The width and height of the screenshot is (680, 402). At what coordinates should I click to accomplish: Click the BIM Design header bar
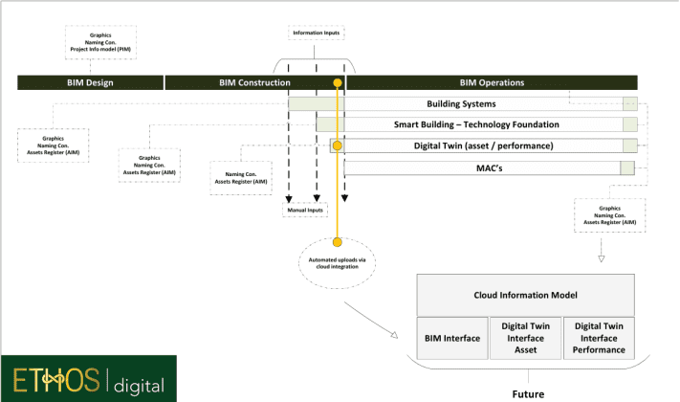point(90,82)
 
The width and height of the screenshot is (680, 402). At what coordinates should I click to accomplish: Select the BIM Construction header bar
point(252,82)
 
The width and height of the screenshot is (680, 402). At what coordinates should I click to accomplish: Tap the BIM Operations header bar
point(492,82)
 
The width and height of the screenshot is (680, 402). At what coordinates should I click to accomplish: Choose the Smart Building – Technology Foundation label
point(476,124)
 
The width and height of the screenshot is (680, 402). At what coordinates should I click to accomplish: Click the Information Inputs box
point(316,33)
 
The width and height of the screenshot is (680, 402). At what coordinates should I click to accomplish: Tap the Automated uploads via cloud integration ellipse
point(337,264)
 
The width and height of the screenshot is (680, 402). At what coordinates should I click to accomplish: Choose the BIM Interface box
point(451,338)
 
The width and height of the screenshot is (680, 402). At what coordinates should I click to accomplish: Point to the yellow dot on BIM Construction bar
point(337,83)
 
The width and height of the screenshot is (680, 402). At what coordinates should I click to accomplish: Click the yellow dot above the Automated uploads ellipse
point(337,240)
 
